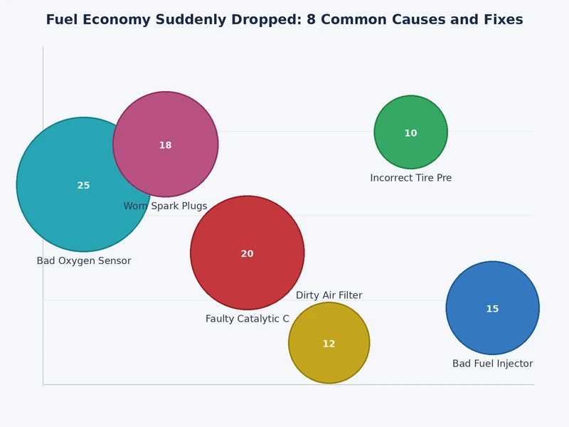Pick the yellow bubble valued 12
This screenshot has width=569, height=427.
click(x=329, y=359)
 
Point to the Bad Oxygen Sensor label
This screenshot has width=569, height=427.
click(x=84, y=261)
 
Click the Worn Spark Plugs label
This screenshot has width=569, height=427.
click(x=165, y=206)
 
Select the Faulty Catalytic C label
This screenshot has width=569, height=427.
click(x=248, y=319)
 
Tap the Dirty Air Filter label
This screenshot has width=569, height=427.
click(x=329, y=295)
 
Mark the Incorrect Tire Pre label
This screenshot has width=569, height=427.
click(x=411, y=178)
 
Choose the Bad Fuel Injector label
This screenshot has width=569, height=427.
click(x=492, y=364)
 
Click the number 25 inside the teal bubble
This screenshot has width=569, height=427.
click(x=83, y=186)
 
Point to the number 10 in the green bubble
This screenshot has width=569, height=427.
click(x=411, y=134)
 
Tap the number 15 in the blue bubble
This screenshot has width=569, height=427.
click(x=492, y=309)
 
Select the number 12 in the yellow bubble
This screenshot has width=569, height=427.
click(x=329, y=344)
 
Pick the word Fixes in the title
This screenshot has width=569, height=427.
click(x=501, y=20)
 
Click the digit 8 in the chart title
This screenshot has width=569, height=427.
click(x=311, y=20)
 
